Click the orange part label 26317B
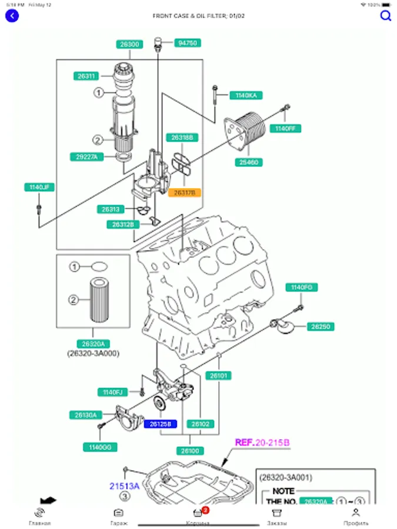(185, 192)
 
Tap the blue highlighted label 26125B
(160, 424)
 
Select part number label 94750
(188, 43)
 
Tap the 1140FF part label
(286, 128)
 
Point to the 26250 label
(322, 326)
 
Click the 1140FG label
(302, 287)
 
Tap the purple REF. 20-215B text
(262, 443)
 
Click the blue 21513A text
(124, 486)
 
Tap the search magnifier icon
(386, 16)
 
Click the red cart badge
(205, 510)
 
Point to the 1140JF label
(39, 188)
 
